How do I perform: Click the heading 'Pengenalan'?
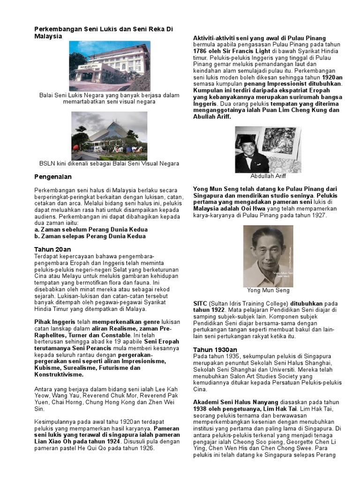click(53, 177)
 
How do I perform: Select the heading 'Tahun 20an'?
click(53, 249)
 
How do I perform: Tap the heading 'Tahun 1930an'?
click(215, 350)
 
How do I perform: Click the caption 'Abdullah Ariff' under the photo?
click(268, 176)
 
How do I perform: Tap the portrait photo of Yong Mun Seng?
click(268, 256)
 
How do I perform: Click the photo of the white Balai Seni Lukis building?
click(109, 65)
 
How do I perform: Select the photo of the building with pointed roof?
click(109, 135)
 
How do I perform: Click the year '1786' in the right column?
click(201, 51)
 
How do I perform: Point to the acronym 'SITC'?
click(200, 303)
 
